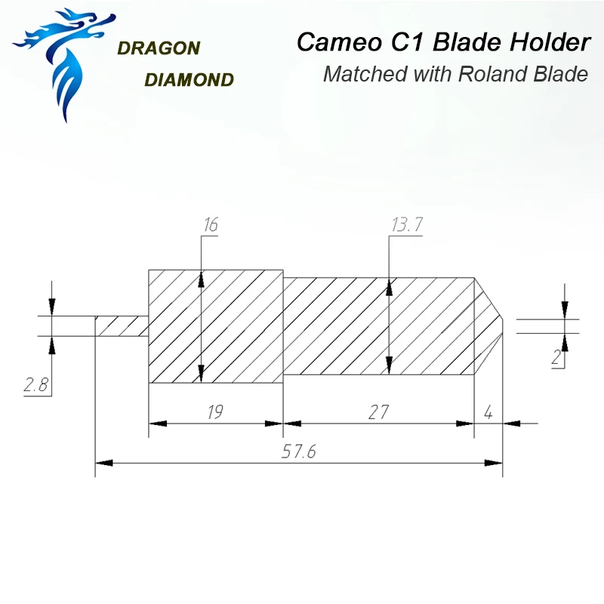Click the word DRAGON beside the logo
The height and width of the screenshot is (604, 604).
point(159,48)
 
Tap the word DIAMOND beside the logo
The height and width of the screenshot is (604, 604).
point(188,79)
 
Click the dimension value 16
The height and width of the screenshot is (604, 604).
point(210,225)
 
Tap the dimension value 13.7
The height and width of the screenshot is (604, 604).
point(406,225)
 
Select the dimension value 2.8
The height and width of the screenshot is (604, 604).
point(35,385)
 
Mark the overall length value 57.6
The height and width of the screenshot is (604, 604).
point(297,451)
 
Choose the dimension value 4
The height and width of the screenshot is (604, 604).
point(488,412)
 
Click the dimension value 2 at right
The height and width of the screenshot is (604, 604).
point(556,358)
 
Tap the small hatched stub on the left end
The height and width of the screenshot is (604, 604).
point(121,326)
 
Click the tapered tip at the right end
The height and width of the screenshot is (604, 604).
point(488,326)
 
